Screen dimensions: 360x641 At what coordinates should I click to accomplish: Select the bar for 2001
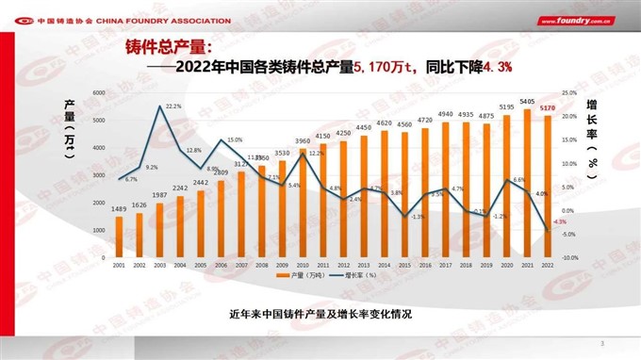[119, 237]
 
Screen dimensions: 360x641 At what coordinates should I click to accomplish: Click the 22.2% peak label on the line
[173, 106]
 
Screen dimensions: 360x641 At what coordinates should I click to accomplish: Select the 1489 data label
[120, 209]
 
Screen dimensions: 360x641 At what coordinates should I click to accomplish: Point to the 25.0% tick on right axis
[569, 93]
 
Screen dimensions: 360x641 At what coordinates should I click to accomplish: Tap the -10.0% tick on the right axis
[569, 257]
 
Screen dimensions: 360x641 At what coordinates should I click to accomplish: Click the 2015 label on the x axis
[404, 266]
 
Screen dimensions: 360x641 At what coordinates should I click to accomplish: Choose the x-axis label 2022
[547, 266]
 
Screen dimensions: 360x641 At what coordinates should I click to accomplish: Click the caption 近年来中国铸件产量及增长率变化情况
[320, 312]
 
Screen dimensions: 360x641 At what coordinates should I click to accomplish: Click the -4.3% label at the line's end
[560, 221]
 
